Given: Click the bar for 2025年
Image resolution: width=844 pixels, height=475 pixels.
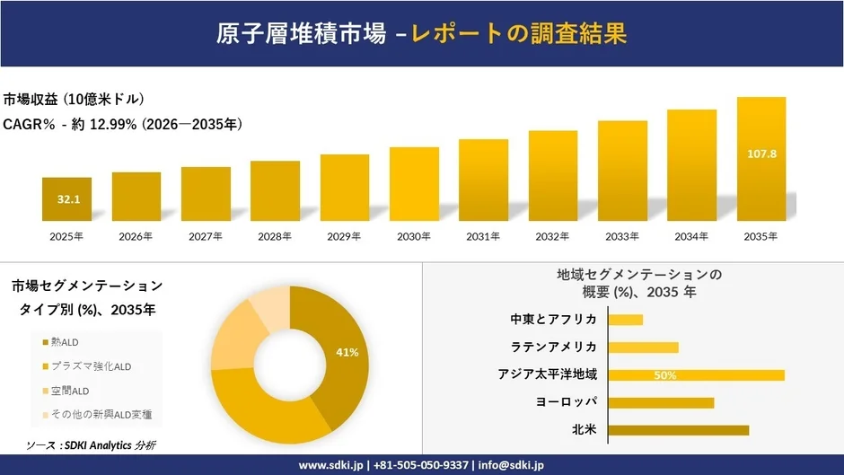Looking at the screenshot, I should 66,199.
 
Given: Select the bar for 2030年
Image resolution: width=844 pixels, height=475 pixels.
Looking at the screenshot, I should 414,184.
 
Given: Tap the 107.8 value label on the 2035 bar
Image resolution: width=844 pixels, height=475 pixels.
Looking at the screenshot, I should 761,154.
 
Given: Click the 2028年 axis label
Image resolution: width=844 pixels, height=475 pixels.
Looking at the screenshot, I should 275,236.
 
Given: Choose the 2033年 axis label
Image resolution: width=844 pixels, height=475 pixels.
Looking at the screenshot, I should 622,236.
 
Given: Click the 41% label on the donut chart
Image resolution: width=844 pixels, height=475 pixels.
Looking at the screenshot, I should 347,352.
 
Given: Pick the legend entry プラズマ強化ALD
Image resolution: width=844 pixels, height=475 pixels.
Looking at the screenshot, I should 91,366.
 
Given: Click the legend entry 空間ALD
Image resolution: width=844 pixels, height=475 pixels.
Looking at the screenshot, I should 70,391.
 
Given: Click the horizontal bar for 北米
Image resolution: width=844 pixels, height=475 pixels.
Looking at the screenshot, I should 678,430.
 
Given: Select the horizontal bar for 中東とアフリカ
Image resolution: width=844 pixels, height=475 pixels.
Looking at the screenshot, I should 626,319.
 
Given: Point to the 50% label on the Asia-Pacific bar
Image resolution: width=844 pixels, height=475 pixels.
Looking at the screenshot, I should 665,375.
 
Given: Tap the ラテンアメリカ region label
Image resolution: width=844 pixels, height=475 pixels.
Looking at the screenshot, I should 553,347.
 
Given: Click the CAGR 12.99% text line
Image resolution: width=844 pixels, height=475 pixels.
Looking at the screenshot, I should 123,124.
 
